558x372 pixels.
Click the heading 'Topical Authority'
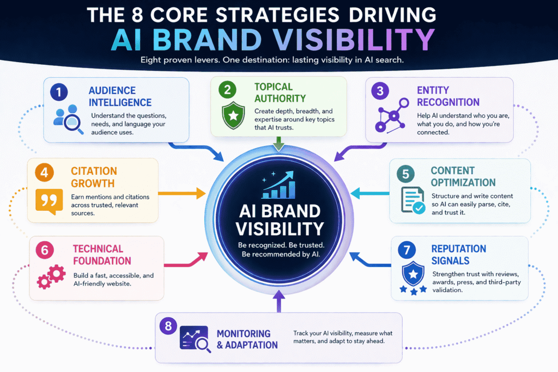[x=274, y=92]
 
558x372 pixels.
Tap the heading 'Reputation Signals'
[x=459, y=255]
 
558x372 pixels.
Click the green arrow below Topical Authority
[x=278, y=144]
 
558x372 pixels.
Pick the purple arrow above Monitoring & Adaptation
[x=278, y=301]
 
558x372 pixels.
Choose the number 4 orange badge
[x=44, y=172]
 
